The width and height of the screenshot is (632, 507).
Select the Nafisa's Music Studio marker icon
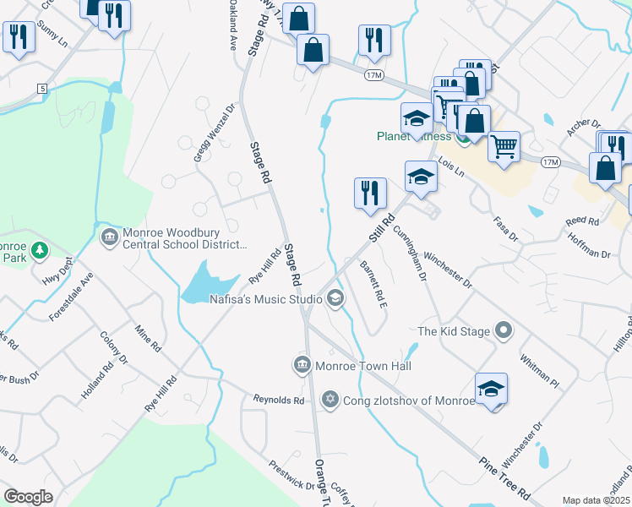(x=335, y=298)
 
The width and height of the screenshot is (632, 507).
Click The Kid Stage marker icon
(x=504, y=330)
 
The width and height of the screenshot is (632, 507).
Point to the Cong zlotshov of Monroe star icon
(x=330, y=400)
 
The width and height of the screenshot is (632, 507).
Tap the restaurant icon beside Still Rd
(x=370, y=194)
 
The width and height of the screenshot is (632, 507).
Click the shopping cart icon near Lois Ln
(x=504, y=147)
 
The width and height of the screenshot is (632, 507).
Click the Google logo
(x=28, y=496)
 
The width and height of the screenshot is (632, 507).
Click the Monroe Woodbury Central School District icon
(x=110, y=236)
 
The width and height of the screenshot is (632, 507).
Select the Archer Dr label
(x=584, y=126)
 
